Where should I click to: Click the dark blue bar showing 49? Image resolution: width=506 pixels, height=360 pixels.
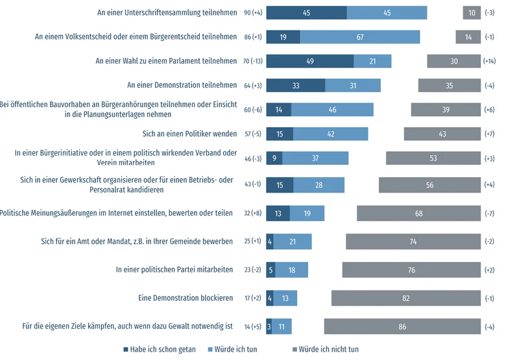pyautogui.click(x=310, y=61)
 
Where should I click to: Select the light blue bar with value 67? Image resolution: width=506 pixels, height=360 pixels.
pyautogui.click(x=360, y=37)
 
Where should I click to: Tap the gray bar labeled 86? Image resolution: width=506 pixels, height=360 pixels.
pyautogui.click(x=402, y=326)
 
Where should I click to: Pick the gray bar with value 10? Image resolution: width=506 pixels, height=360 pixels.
pyautogui.click(x=472, y=12)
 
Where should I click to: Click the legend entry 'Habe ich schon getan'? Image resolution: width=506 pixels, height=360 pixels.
pyautogui.click(x=160, y=350)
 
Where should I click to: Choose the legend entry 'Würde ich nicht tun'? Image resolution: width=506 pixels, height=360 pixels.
pyautogui.click(x=325, y=350)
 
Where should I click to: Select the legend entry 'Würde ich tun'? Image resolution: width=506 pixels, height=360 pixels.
pyautogui.click(x=233, y=350)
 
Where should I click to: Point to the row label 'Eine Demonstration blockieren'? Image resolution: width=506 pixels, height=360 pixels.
pyautogui.click(x=186, y=298)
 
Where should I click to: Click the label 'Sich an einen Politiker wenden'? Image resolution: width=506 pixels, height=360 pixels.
pyautogui.click(x=189, y=134)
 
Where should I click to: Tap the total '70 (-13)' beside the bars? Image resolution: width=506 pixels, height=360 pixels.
pyautogui.click(x=253, y=61)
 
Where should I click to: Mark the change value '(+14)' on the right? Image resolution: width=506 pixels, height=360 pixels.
pyautogui.click(x=489, y=61)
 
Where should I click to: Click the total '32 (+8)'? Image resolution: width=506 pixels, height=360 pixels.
pyautogui.click(x=253, y=213)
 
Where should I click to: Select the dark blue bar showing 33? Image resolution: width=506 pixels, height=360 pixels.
pyautogui.click(x=296, y=86)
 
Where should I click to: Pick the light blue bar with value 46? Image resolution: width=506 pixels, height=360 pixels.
pyautogui.click(x=332, y=110)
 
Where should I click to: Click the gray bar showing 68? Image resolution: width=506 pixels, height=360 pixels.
pyautogui.click(x=419, y=213)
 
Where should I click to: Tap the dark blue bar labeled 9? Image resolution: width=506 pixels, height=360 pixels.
pyautogui.click(x=274, y=158)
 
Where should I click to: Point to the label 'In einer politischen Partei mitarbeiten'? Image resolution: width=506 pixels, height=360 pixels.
pyautogui.click(x=175, y=269)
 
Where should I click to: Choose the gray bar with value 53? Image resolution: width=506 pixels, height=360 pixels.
pyautogui.click(x=433, y=158)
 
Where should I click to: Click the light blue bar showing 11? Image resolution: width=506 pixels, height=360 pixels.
pyautogui.click(x=282, y=326)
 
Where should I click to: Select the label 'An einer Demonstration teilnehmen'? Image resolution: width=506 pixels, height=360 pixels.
pyautogui.click(x=182, y=85)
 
